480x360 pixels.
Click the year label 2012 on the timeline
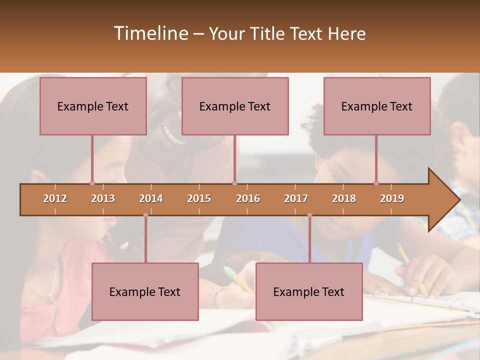(55, 198)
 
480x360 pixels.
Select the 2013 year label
(103, 198)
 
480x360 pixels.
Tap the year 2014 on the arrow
(151, 198)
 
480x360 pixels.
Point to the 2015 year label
(199, 198)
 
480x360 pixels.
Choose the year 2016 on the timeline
(248, 198)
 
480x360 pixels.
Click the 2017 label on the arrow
(296, 198)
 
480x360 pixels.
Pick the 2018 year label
(344, 198)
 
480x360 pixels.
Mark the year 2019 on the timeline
(392, 198)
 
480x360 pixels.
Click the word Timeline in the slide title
(150, 33)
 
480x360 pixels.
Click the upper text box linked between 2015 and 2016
(235, 106)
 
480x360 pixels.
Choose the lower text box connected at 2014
(145, 291)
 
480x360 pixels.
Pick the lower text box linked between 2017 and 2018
(309, 291)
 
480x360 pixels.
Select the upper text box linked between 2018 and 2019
(377, 106)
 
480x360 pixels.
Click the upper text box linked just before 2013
(93, 106)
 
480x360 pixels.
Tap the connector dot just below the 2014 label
(145, 215)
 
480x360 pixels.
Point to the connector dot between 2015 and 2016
(235, 183)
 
